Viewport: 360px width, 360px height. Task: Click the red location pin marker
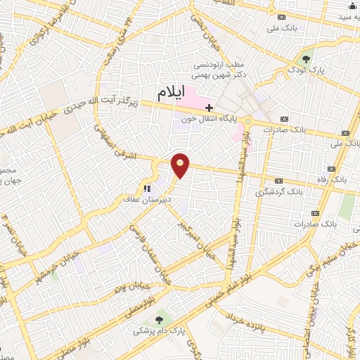[181, 166]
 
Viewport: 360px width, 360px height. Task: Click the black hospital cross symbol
[209, 107]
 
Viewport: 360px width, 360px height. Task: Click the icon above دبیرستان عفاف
[147, 188]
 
